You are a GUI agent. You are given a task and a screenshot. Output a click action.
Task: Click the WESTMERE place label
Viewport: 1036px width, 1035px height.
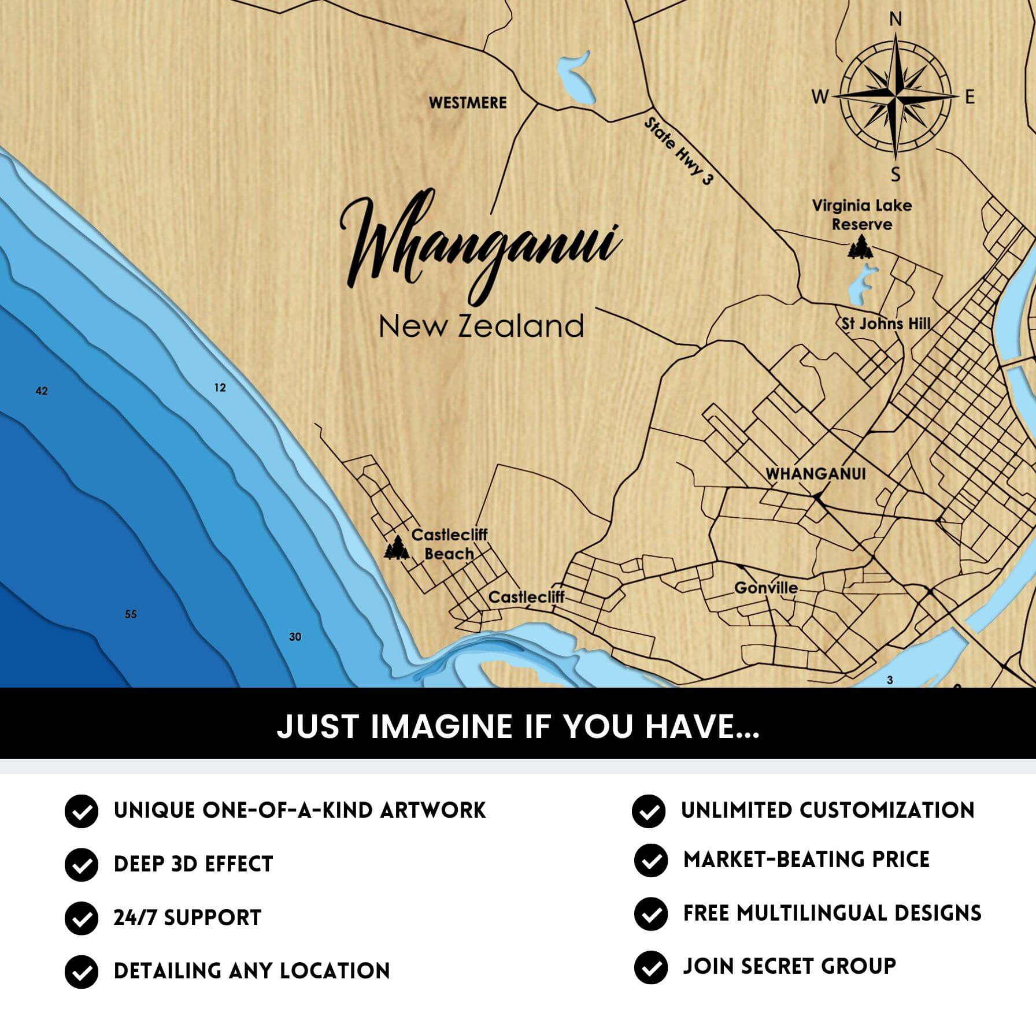[x=467, y=103]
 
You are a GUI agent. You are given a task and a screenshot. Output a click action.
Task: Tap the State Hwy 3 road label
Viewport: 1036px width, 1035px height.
[x=678, y=151]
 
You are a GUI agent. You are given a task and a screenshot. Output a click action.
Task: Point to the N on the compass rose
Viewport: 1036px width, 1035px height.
[x=895, y=20]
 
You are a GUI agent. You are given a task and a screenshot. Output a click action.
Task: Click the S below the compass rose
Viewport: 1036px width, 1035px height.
[x=896, y=175]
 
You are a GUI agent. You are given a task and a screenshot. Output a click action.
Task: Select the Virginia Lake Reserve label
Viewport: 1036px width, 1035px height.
[x=861, y=214]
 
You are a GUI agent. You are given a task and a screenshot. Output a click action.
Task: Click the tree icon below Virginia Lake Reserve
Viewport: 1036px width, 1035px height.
[x=860, y=248]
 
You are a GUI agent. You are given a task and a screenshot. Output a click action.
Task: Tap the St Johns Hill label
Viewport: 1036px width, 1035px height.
[x=886, y=324]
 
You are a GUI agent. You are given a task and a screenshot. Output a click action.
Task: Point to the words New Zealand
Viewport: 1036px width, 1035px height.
[x=481, y=327]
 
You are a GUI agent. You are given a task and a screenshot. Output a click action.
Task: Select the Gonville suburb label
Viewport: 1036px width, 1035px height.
[x=766, y=588]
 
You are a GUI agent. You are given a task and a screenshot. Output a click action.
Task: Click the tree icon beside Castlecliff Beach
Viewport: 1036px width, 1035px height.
[x=397, y=548]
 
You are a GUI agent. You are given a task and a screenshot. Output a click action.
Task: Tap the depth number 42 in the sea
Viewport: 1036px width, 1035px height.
[x=42, y=391]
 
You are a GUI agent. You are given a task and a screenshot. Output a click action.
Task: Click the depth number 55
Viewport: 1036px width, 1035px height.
[x=131, y=614]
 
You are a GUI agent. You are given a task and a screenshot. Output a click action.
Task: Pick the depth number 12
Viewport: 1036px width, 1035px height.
[x=220, y=388]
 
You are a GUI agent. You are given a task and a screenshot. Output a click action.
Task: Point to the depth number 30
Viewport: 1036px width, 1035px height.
[x=295, y=637]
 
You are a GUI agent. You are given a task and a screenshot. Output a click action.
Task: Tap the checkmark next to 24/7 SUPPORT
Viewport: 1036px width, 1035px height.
[x=82, y=918]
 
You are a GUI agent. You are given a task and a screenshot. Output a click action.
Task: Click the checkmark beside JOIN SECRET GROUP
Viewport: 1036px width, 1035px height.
[x=650, y=967]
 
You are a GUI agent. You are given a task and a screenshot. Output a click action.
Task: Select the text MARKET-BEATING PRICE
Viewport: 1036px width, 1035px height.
[x=806, y=859]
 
